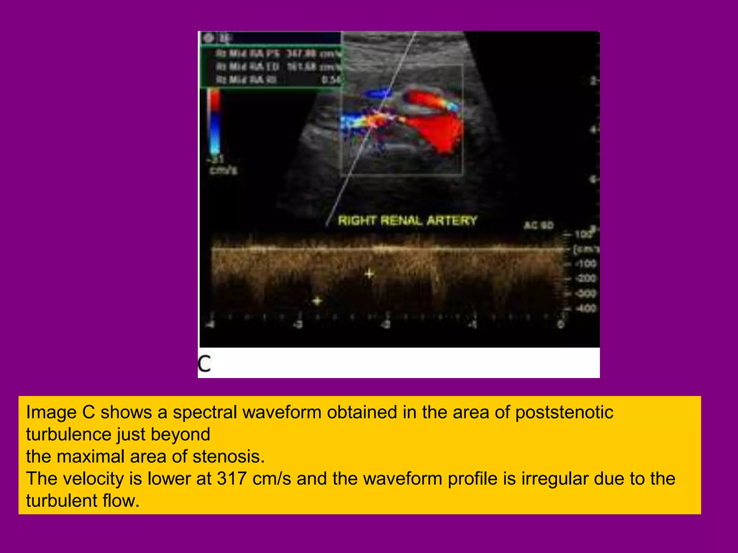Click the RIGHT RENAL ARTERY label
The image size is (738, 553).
(407, 220)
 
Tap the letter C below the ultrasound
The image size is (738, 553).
(204, 364)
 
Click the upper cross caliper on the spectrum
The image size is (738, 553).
(369, 274)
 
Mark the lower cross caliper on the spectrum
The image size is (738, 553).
(317, 301)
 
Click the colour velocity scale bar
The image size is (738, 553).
(214, 122)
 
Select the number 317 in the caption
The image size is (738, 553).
(232, 479)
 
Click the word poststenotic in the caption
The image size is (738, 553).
(564, 412)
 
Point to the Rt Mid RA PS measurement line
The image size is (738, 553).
(277, 54)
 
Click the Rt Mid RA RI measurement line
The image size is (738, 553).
(277, 80)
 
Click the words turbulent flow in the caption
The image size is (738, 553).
(83, 501)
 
